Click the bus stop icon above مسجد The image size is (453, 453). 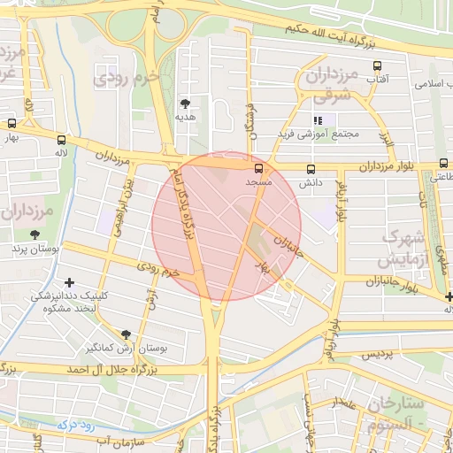coord(258,168)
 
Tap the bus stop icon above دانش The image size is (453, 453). coord(310,169)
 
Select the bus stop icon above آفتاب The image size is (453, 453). coord(378,66)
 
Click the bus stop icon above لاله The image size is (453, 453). coord(60,139)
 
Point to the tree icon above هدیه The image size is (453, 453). coord(185,104)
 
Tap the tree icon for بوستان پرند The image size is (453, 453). coord(35,235)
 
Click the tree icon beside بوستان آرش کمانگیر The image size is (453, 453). coord(126,334)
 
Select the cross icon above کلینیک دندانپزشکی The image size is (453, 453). coord(69,281)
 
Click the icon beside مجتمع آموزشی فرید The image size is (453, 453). coord(318,120)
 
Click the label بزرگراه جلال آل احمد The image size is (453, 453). coord(103,366)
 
